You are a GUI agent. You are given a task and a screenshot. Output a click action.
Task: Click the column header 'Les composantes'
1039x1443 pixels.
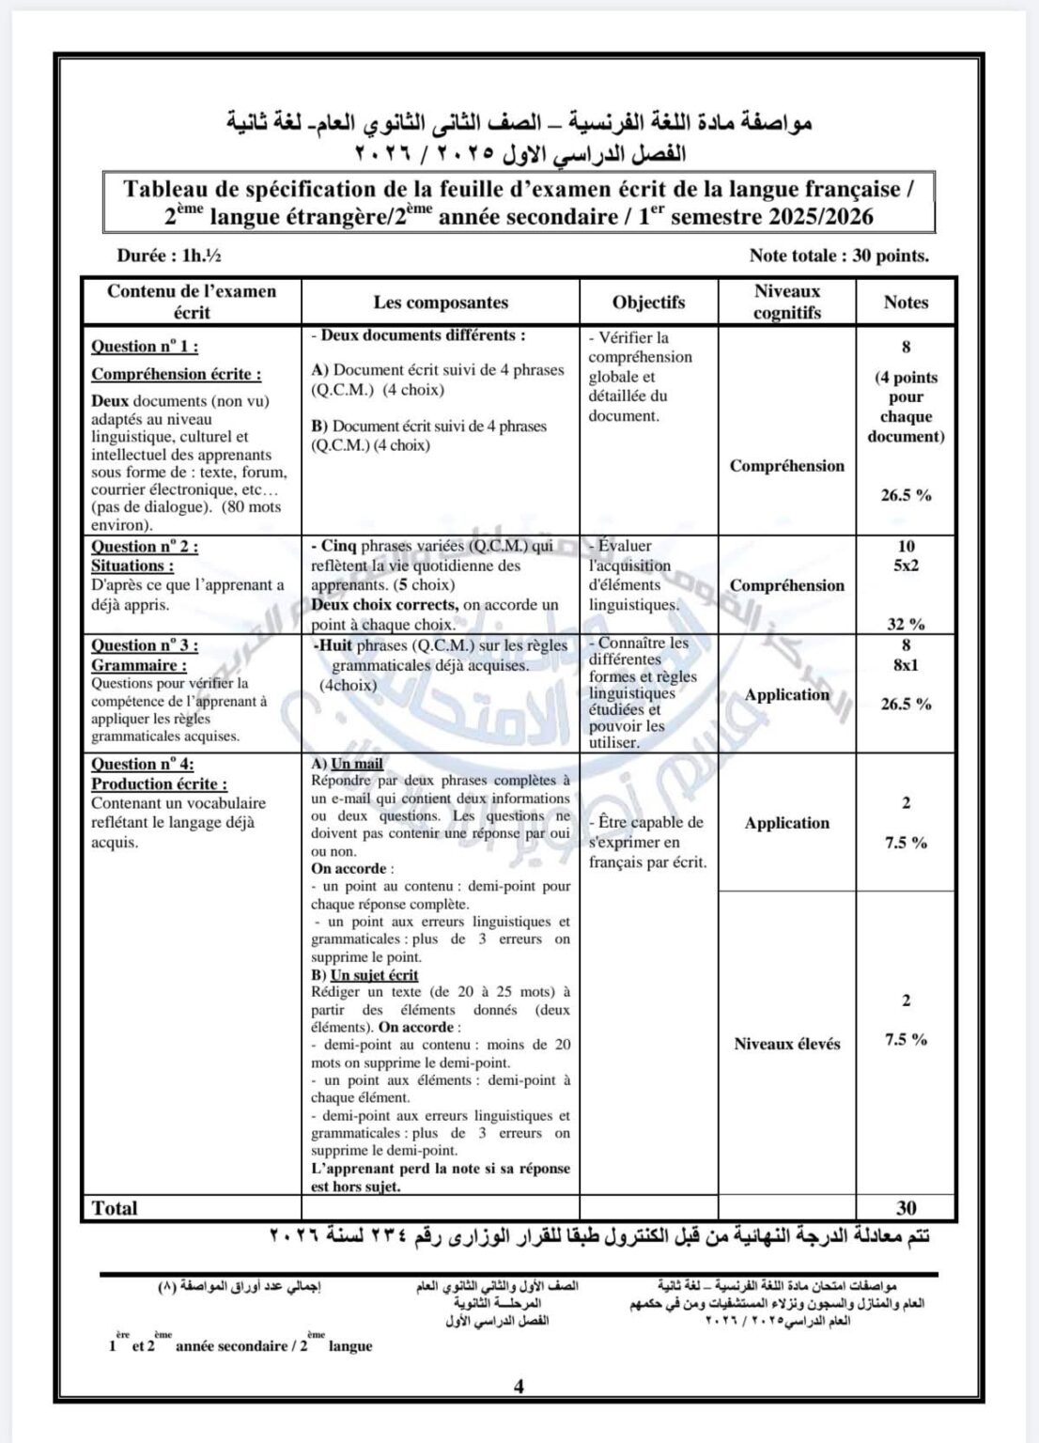[x=440, y=303]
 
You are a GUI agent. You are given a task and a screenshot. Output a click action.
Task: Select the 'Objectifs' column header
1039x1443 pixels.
[x=648, y=303]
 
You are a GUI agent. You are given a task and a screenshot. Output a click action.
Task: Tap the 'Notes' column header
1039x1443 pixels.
[x=906, y=303]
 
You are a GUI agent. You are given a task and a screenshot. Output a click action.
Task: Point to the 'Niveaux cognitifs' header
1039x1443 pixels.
[x=787, y=303]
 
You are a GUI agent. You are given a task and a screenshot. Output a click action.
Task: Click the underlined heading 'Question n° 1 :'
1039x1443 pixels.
[x=145, y=346]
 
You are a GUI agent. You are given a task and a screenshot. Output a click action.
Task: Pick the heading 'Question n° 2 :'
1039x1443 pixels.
[x=145, y=547]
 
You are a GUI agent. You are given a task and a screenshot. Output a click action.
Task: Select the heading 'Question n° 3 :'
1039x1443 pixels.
[x=145, y=645]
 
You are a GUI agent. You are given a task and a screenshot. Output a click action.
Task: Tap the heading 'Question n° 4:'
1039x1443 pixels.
[x=143, y=764]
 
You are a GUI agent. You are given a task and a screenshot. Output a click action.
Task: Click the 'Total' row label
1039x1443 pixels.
[x=115, y=1208]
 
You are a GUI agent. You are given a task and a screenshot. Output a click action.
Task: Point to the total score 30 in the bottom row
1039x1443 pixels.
[x=907, y=1208]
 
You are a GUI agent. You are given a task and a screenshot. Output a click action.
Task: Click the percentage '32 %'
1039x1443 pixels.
[x=906, y=623]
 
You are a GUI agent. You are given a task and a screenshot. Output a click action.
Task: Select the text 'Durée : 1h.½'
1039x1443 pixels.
[x=169, y=255]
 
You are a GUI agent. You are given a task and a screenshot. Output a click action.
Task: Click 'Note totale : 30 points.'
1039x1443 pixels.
[x=839, y=255]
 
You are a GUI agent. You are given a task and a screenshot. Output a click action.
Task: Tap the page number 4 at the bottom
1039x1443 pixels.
[x=519, y=1386]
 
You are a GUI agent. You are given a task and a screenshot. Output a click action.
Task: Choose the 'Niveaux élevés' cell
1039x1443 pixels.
[x=787, y=1044]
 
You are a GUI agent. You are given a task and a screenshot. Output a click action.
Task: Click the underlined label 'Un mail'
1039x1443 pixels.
[x=356, y=764]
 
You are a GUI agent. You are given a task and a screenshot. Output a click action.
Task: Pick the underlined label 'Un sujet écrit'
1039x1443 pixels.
[x=374, y=975]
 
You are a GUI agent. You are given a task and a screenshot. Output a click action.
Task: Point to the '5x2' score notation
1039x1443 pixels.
[x=906, y=566]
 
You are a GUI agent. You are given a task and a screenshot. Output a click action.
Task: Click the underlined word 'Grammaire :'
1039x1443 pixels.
[x=138, y=665]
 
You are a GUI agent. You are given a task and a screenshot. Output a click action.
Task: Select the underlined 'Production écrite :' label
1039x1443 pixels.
[x=160, y=784]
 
